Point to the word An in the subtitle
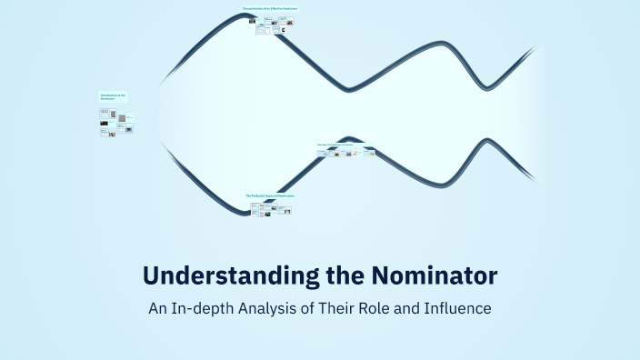156,308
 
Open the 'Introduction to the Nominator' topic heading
113,95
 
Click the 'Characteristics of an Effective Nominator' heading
270,8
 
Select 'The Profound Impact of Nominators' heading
270,195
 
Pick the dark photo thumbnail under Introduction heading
105,122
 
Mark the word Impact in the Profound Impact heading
271,195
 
